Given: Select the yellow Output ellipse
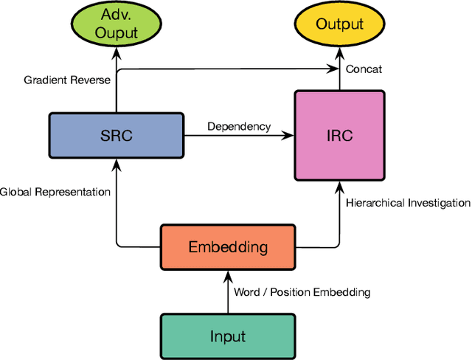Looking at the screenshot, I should click(x=339, y=24).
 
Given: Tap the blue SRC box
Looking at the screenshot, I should click(x=116, y=136).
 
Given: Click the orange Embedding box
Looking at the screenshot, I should click(x=228, y=246).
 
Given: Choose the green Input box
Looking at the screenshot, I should click(x=227, y=336).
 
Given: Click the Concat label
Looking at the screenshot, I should click(x=364, y=69).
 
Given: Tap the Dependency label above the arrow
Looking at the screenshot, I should click(x=239, y=126).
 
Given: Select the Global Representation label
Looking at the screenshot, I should click(x=55, y=192).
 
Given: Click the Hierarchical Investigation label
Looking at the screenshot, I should click(x=408, y=202).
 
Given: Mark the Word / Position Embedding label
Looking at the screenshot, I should click(x=302, y=292).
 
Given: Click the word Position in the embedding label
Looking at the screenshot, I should click(x=296, y=292).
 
